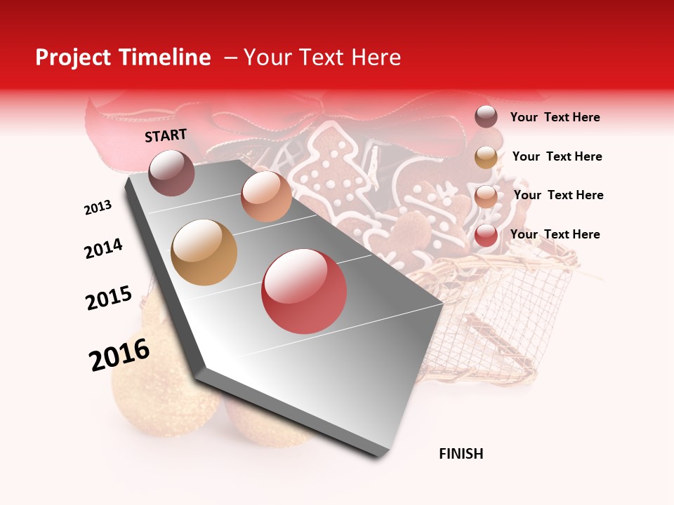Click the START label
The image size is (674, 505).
point(166,135)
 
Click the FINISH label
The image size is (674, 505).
point(461,454)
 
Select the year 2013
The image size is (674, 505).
point(98,208)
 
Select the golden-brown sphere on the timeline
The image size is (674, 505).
point(204,252)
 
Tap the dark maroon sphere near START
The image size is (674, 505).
point(172,173)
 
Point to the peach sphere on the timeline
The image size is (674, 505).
point(266,196)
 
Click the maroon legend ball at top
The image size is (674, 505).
point(486,116)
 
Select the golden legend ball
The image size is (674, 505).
point(486,157)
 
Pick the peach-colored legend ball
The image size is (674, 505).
point(486,196)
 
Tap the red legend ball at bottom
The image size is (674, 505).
point(486,235)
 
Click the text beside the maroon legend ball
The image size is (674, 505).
point(555,117)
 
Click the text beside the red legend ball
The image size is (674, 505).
point(555,234)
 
